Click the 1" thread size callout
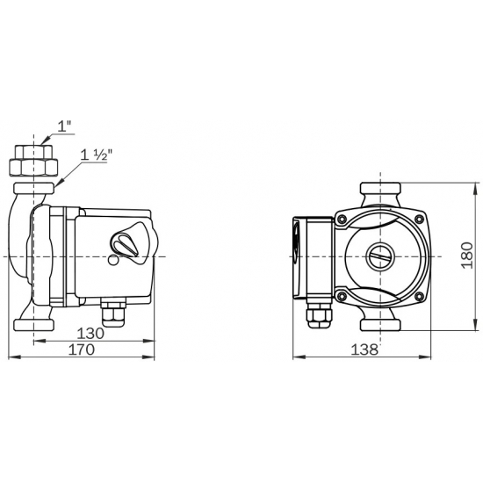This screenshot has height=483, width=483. coord(64,127)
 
